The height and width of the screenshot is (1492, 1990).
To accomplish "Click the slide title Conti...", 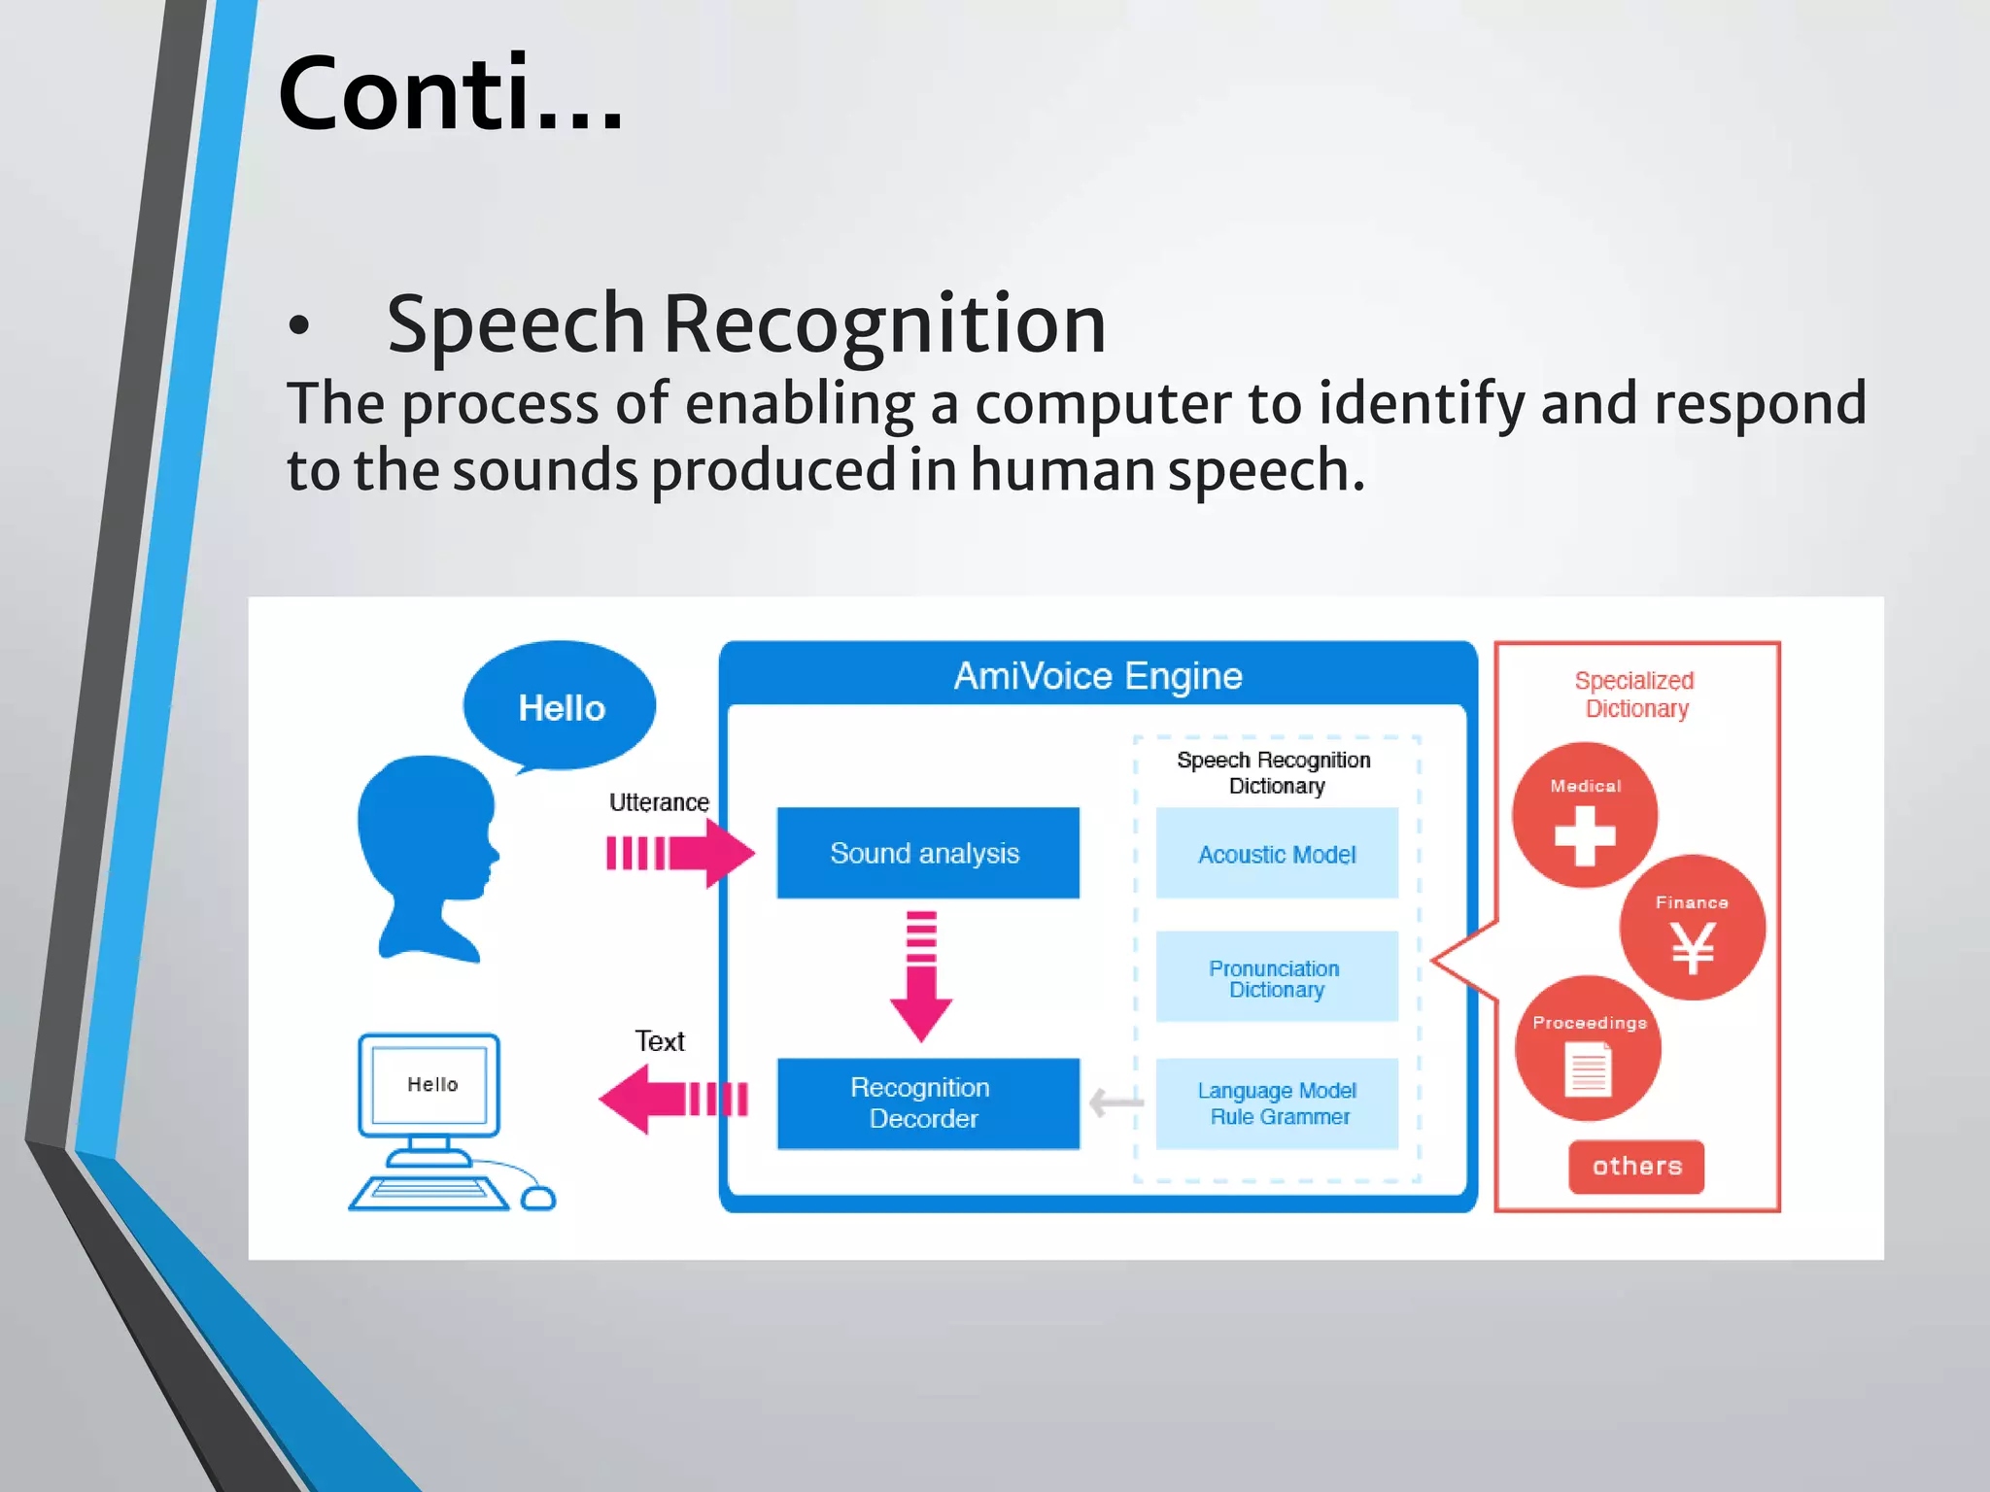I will click(450, 94).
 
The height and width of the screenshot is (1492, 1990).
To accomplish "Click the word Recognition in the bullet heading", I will click(884, 323).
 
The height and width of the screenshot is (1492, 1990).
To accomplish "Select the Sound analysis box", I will click(927, 853).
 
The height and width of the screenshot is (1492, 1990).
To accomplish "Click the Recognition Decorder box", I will click(927, 1103).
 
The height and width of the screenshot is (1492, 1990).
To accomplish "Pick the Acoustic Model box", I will click(1276, 854).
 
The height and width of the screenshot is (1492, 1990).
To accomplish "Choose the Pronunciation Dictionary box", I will click(1276, 978).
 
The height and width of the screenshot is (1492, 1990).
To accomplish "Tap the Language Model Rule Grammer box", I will click(1276, 1103).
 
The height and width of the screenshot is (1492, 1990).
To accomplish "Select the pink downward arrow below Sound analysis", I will click(920, 976).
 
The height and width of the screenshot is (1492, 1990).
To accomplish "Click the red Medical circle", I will click(1585, 816).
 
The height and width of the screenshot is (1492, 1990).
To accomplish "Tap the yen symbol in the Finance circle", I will click(1693, 947).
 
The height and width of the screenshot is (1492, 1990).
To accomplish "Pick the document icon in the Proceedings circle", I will click(1589, 1068).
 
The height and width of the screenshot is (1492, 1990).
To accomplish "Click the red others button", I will click(1636, 1166).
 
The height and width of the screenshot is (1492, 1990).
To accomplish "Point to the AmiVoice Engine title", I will click(1098, 675).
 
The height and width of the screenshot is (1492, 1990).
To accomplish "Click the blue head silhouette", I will click(428, 855).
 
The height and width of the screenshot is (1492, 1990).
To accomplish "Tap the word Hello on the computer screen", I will click(432, 1084).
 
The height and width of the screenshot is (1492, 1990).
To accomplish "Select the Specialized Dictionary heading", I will click(1635, 695).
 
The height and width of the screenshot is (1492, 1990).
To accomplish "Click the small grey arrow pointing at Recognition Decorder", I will click(1116, 1102).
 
